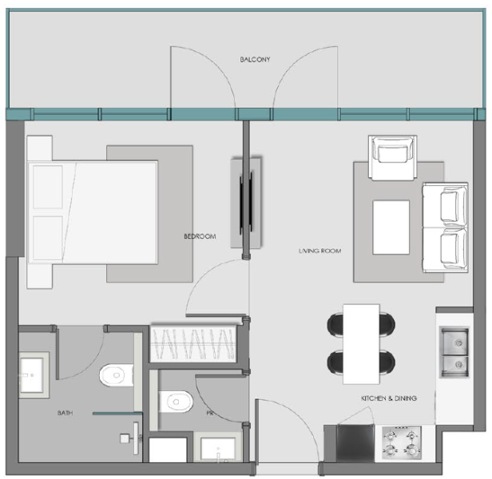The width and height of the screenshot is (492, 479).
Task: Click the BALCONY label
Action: tap(256, 60)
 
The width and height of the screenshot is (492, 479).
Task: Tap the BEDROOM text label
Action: tap(200, 236)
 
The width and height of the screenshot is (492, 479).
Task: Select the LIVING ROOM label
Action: tap(319, 251)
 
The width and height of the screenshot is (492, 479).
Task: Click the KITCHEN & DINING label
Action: tap(388, 397)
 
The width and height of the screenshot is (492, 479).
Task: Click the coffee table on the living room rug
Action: tap(391, 227)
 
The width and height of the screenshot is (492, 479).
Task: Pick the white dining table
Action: tap(361, 341)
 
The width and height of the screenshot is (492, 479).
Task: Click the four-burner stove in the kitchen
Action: tap(401, 441)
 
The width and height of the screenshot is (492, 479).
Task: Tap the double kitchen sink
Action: tap(454, 352)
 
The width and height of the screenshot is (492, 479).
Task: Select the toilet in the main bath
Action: tap(117, 374)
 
